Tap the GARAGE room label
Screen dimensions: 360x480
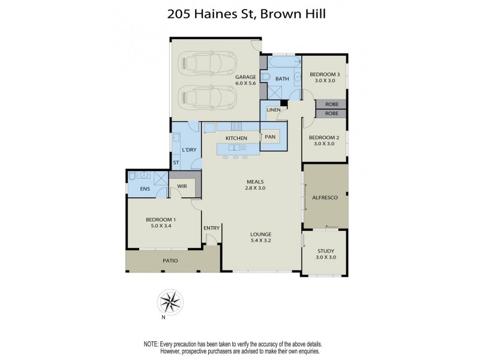(x=245, y=77)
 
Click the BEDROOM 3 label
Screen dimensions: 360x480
(x=325, y=74)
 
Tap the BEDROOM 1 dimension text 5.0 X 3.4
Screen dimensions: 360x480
(x=162, y=226)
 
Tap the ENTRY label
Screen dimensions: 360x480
(x=211, y=228)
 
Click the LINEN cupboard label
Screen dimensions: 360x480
(x=274, y=110)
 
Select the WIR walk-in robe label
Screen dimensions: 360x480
(x=181, y=187)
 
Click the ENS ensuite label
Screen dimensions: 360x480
(x=145, y=189)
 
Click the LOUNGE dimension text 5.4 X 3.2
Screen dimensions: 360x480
(x=261, y=241)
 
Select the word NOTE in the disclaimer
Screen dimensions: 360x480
(x=151, y=344)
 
